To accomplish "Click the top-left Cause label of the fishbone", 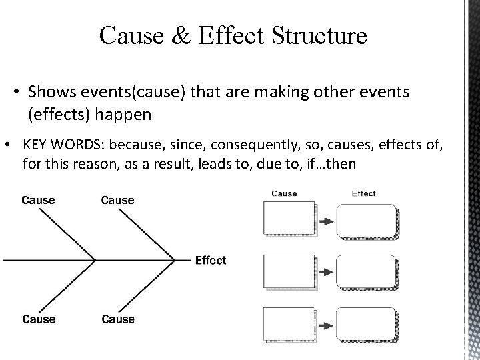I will (39, 200).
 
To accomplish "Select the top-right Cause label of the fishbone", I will (117, 200).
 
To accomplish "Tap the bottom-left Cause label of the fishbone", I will (39, 319).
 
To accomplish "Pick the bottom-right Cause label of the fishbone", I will (117, 319).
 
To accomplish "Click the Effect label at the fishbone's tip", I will (210, 260).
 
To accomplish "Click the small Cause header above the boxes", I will (284, 194).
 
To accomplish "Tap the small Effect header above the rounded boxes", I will (363, 194).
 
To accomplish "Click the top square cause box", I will (289, 220).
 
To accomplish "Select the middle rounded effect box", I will (366, 271).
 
